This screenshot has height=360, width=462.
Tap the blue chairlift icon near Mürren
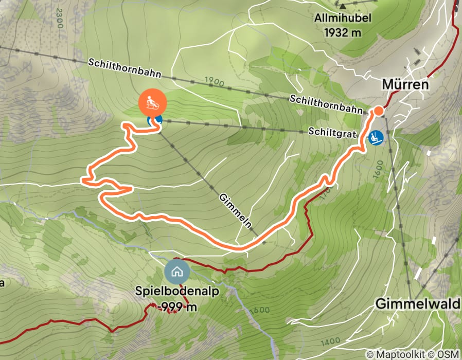376,137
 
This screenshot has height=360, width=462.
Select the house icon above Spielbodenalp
177,271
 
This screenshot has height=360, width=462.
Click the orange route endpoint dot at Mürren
378,111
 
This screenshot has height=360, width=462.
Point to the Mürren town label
405,84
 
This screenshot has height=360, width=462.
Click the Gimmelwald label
417,303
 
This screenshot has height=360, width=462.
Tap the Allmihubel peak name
343,19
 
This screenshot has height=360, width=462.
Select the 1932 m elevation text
343,32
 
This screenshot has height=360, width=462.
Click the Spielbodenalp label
177,292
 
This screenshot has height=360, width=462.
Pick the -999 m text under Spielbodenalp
177,307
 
